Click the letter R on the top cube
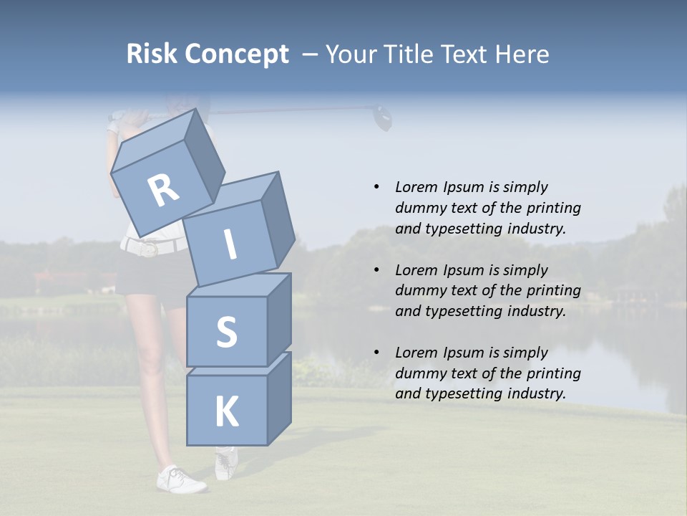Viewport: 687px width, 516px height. pos(163,191)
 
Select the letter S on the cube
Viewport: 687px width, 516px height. pos(226,333)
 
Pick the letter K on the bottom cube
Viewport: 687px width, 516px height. pos(226,412)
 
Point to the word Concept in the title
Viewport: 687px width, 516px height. pos(237,54)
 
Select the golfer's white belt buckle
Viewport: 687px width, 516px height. pos(149,249)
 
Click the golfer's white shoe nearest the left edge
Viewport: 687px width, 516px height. pos(180,479)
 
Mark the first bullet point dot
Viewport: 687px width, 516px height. pos(376,188)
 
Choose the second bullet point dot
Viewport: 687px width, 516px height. pos(376,270)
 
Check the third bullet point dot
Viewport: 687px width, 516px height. pos(376,353)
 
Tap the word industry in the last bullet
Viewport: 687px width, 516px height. pos(536,393)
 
